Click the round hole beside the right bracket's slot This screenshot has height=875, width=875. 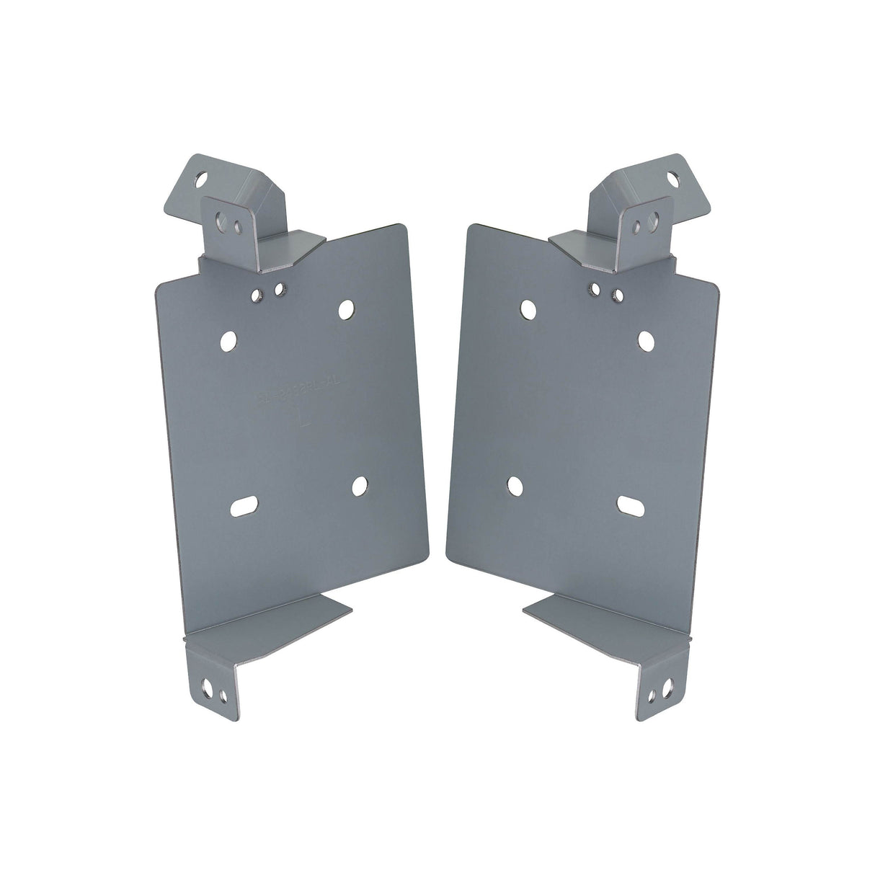(x=514, y=486)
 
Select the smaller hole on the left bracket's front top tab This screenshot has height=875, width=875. (x=239, y=226)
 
